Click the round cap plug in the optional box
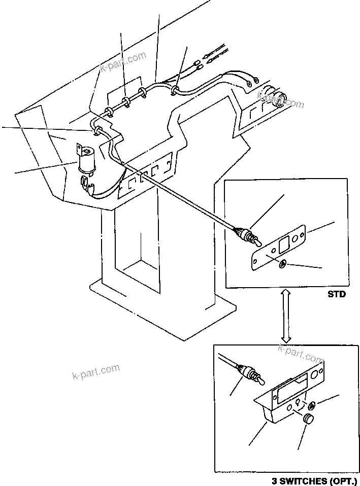[x=308, y=419]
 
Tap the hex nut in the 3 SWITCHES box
[x=311, y=405]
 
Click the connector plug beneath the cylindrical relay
[x=88, y=187]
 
